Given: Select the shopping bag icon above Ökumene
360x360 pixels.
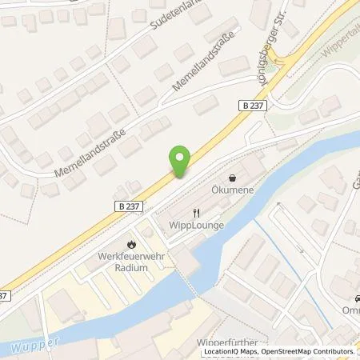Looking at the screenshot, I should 232,178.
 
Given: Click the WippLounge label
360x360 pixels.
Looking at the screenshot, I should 194,225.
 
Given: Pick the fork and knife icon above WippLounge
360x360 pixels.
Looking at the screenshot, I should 194,212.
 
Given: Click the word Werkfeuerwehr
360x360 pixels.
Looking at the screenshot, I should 131,257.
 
